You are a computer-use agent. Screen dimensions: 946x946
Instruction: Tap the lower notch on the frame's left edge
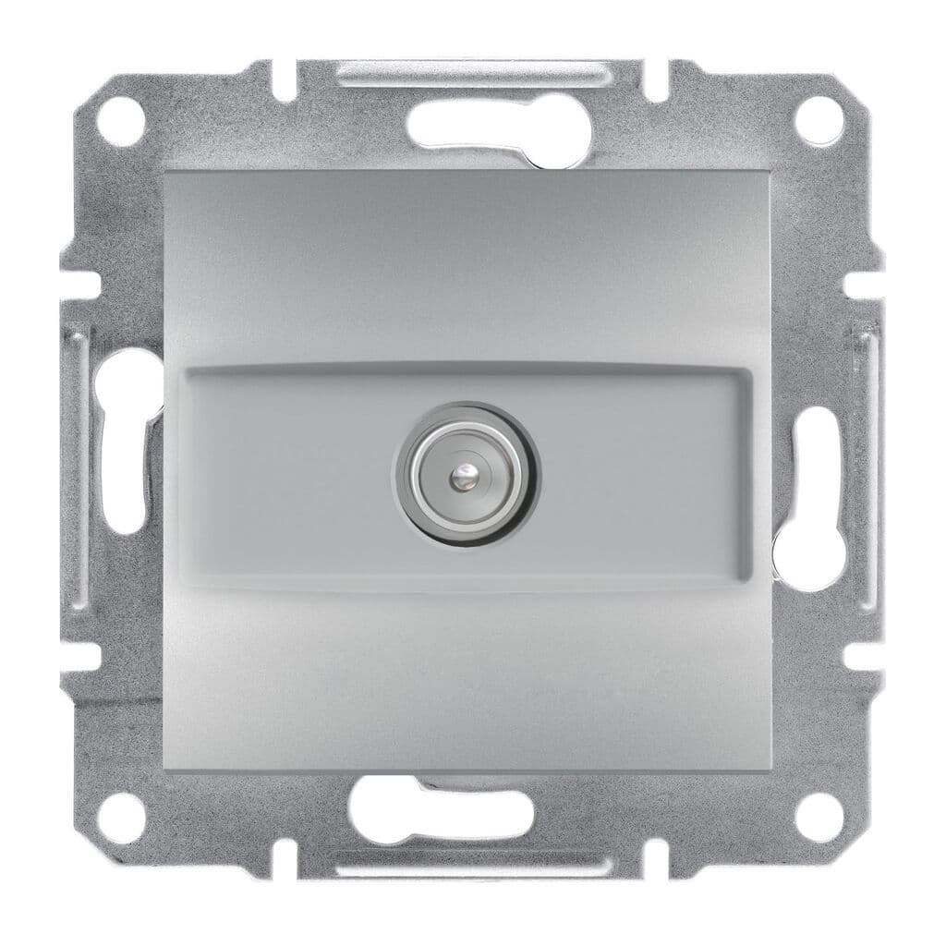(78, 657)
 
